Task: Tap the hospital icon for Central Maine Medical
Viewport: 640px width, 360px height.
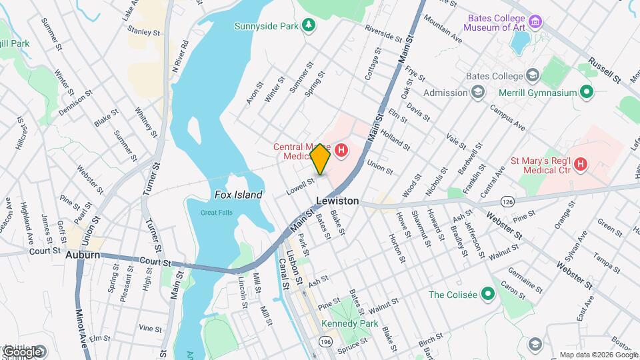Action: [341, 151]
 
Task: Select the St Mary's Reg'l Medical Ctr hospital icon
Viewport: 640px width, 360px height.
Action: [581, 163]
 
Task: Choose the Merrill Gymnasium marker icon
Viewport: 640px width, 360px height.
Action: [587, 93]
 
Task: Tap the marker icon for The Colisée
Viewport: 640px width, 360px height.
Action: [488, 294]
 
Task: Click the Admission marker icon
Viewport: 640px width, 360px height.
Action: [478, 93]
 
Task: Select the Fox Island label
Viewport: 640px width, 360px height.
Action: [238, 195]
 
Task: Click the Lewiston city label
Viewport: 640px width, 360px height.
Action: [337, 201]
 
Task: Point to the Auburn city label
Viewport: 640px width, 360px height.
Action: [83, 255]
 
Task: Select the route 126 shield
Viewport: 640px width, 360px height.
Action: [508, 201]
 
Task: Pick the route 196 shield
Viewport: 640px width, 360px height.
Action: [325, 341]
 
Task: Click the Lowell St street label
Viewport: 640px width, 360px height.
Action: [300, 185]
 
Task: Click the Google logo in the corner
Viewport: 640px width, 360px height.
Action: [23, 351]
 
